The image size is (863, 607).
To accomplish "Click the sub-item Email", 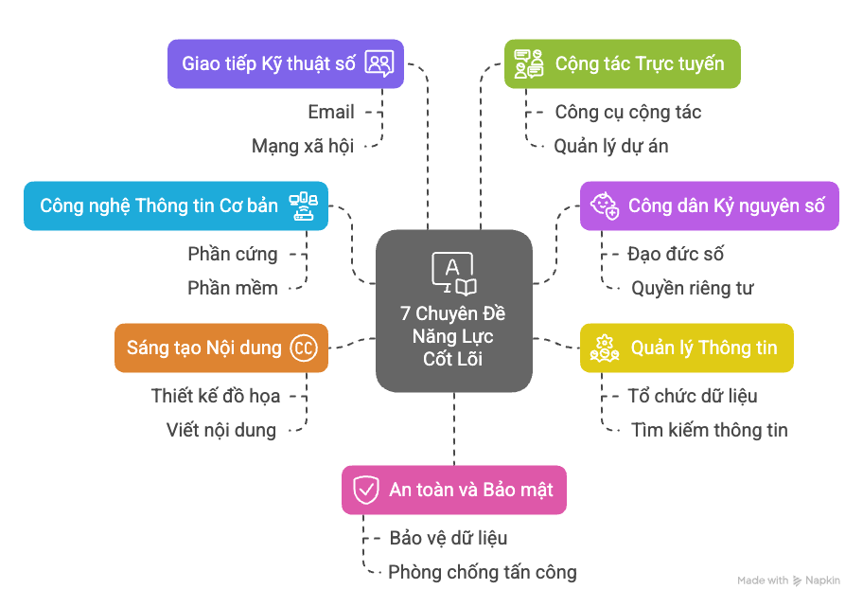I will [x=331, y=112].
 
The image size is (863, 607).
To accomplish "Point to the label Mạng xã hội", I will [x=303, y=146].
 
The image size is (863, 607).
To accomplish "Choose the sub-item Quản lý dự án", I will [x=611, y=146].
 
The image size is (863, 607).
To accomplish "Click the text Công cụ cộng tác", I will [x=628, y=112].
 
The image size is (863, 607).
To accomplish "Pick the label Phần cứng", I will [x=233, y=254].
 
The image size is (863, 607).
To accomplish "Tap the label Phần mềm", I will [x=233, y=288].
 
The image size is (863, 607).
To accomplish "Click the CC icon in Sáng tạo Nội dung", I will [x=303, y=348].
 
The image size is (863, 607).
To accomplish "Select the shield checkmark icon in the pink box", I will [x=365, y=490].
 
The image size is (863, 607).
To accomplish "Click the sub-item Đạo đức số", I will [x=676, y=254].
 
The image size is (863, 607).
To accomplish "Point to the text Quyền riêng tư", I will [x=693, y=288].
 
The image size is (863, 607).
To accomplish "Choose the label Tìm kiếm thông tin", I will [x=710, y=430].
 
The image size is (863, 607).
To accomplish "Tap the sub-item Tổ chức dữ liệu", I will [x=693, y=396].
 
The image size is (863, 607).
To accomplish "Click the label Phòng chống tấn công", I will [x=483, y=572].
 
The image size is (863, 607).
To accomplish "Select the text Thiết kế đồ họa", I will [x=216, y=396].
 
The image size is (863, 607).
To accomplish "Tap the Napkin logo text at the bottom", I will [x=821, y=580].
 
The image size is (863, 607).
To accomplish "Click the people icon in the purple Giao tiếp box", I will [x=379, y=63].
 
